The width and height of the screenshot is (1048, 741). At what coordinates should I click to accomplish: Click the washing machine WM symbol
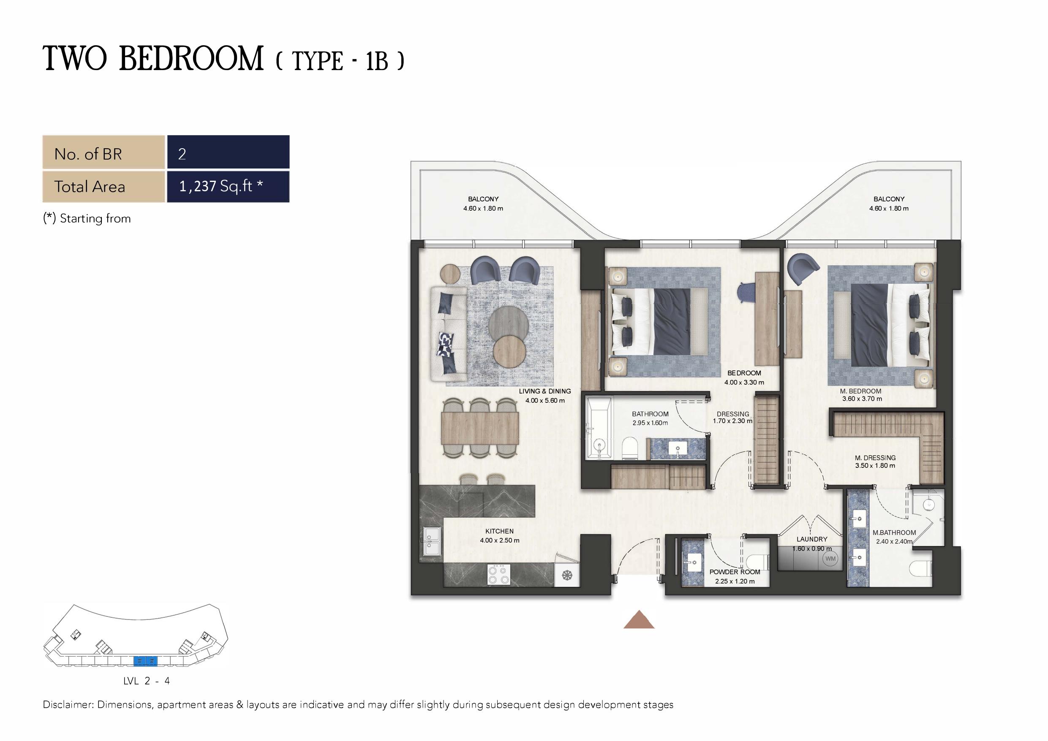pyautogui.click(x=830, y=559)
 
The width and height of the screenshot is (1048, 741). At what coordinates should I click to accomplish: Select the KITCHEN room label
pyautogui.click(x=499, y=531)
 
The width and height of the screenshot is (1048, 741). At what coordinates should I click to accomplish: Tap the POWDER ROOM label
pyautogui.click(x=735, y=572)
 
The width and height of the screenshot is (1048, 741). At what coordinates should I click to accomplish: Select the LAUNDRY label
pyautogui.click(x=812, y=539)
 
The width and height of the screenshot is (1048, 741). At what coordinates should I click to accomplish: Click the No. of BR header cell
pyautogui.click(x=103, y=152)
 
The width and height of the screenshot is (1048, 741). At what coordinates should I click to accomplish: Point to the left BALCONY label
pyautogui.click(x=483, y=199)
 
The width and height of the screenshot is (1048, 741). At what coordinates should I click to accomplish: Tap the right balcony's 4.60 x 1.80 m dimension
pyautogui.click(x=889, y=209)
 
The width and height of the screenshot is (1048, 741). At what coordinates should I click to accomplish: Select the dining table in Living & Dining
pyautogui.click(x=480, y=428)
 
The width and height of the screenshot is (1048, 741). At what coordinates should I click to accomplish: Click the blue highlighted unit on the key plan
pyautogui.click(x=145, y=660)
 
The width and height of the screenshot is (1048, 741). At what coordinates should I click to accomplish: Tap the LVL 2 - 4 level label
pyautogui.click(x=147, y=681)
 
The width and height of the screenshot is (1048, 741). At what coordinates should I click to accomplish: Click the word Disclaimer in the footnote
pyautogui.click(x=68, y=705)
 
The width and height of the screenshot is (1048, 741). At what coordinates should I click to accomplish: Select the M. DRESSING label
pyautogui.click(x=875, y=458)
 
